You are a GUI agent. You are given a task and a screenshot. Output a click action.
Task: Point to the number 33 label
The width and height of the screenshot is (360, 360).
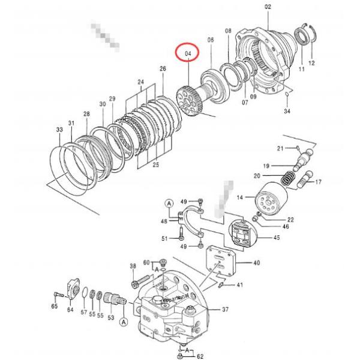click(59, 130)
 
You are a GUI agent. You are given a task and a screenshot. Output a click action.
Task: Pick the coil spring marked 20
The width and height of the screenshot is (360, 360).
click(289, 178)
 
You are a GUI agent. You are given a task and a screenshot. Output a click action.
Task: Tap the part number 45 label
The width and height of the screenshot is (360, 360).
click(277, 238)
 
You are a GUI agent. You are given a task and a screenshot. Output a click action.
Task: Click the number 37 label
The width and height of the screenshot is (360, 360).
click(226, 310)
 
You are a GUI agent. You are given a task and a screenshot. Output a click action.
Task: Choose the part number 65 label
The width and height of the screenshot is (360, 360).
click(54, 307)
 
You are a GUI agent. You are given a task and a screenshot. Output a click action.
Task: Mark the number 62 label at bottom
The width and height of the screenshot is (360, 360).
click(200, 355)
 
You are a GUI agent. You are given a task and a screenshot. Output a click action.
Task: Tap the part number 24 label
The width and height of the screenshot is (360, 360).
click(140, 82)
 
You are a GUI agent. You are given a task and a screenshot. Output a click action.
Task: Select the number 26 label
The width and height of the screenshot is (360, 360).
click(163, 69)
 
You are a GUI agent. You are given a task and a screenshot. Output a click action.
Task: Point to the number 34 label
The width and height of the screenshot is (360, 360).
click(287, 111)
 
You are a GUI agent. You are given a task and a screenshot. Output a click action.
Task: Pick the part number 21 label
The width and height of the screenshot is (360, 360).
click(280, 148)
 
